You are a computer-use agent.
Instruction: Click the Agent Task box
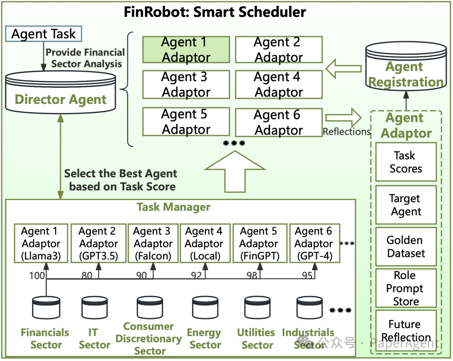click(x=43, y=34)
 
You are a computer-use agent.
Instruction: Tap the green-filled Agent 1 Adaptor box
click(x=186, y=50)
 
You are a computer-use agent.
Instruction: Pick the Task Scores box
click(x=406, y=162)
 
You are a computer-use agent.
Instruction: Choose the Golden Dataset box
click(x=406, y=247)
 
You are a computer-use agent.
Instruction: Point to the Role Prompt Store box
click(x=406, y=288)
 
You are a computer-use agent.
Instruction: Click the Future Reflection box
click(x=406, y=331)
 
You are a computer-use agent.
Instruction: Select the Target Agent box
click(x=406, y=205)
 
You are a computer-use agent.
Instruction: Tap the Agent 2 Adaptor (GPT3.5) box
click(x=98, y=243)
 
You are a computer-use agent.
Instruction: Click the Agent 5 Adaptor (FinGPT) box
click(x=259, y=243)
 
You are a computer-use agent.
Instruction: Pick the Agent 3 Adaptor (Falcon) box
click(x=153, y=243)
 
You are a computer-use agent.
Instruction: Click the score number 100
click(x=37, y=275)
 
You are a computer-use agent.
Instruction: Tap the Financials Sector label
click(x=45, y=339)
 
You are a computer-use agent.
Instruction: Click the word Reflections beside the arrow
click(x=346, y=132)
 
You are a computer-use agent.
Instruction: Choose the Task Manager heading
click(x=173, y=207)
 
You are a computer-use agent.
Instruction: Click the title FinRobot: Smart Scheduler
click(x=215, y=12)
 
